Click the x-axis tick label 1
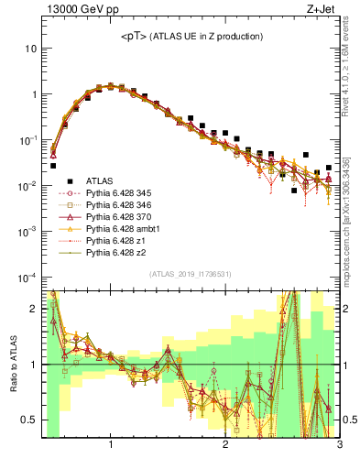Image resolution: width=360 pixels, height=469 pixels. pos(111,446)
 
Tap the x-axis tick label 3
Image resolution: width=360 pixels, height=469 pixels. pos(339,446)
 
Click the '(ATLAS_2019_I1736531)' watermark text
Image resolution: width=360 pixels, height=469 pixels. pos(190,274)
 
